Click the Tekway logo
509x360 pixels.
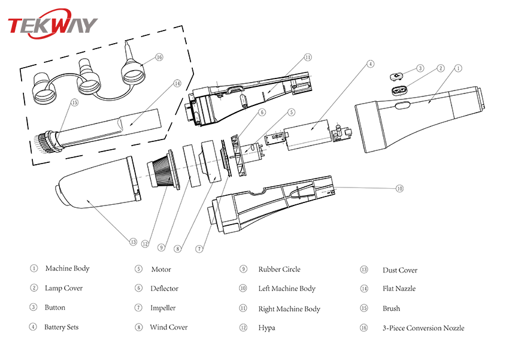[52, 25]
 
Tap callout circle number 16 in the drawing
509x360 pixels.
[159, 58]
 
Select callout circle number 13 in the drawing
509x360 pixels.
[133, 242]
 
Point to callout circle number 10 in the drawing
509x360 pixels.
[399, 188]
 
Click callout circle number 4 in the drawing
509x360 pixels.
[371, 63]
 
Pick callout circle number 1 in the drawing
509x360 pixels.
[458, 68]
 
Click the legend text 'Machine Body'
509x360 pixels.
[67, 269]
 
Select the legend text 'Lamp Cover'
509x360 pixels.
[63, 288]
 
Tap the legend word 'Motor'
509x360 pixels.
[161, 270]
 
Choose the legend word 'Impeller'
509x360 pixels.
[163, 308]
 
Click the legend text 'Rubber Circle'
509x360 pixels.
[280, 270]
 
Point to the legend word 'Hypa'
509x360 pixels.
[267, 328]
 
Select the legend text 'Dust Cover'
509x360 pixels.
[400, 270]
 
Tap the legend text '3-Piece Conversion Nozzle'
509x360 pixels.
[423, 328]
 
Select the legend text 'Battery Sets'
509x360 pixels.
[61, 327]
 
